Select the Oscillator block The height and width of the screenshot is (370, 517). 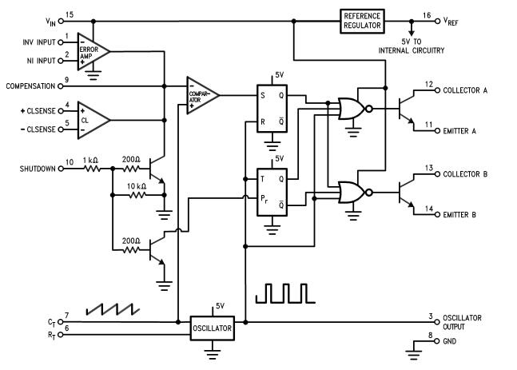click(x=213, y=328)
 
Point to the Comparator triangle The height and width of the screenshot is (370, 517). click(x=201, y=94)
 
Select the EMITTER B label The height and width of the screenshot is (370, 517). click(x=459, y=215)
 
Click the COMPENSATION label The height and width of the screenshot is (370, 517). click(x=30, y=86)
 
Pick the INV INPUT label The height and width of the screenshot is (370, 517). click(x=37, y=42)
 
